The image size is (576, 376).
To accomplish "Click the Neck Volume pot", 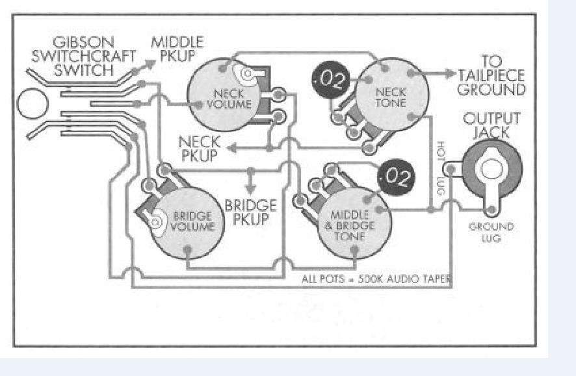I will [220, 98].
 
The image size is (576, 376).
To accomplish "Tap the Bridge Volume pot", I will [189, 221].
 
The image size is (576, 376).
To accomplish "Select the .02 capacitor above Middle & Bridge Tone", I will [397, 177].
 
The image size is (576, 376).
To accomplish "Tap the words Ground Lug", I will [491, 232].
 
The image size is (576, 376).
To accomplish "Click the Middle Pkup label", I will [177, 49].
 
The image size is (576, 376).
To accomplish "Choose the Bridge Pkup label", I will [251, 212].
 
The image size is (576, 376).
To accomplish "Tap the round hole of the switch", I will [32, 106].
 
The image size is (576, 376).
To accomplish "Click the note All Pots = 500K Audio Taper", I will [376, 280].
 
